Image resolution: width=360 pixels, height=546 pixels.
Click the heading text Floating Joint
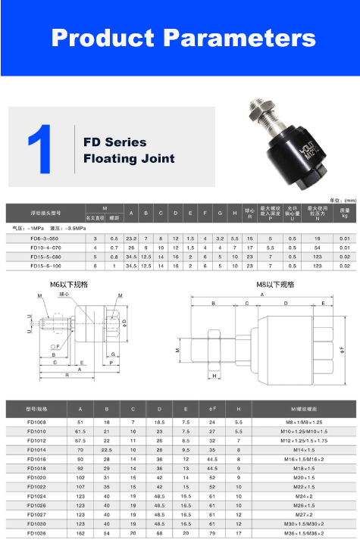click(129, 159)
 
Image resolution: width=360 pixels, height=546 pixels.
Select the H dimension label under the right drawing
click(214, 376)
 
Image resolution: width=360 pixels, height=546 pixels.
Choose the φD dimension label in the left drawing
click(124, 323)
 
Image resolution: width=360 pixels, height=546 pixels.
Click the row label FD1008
click(36, 422)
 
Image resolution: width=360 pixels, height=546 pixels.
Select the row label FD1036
click(36, 533)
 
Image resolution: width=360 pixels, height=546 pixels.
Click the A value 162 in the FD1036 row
click(80, 533)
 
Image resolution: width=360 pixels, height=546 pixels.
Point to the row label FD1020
click(36, 478)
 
